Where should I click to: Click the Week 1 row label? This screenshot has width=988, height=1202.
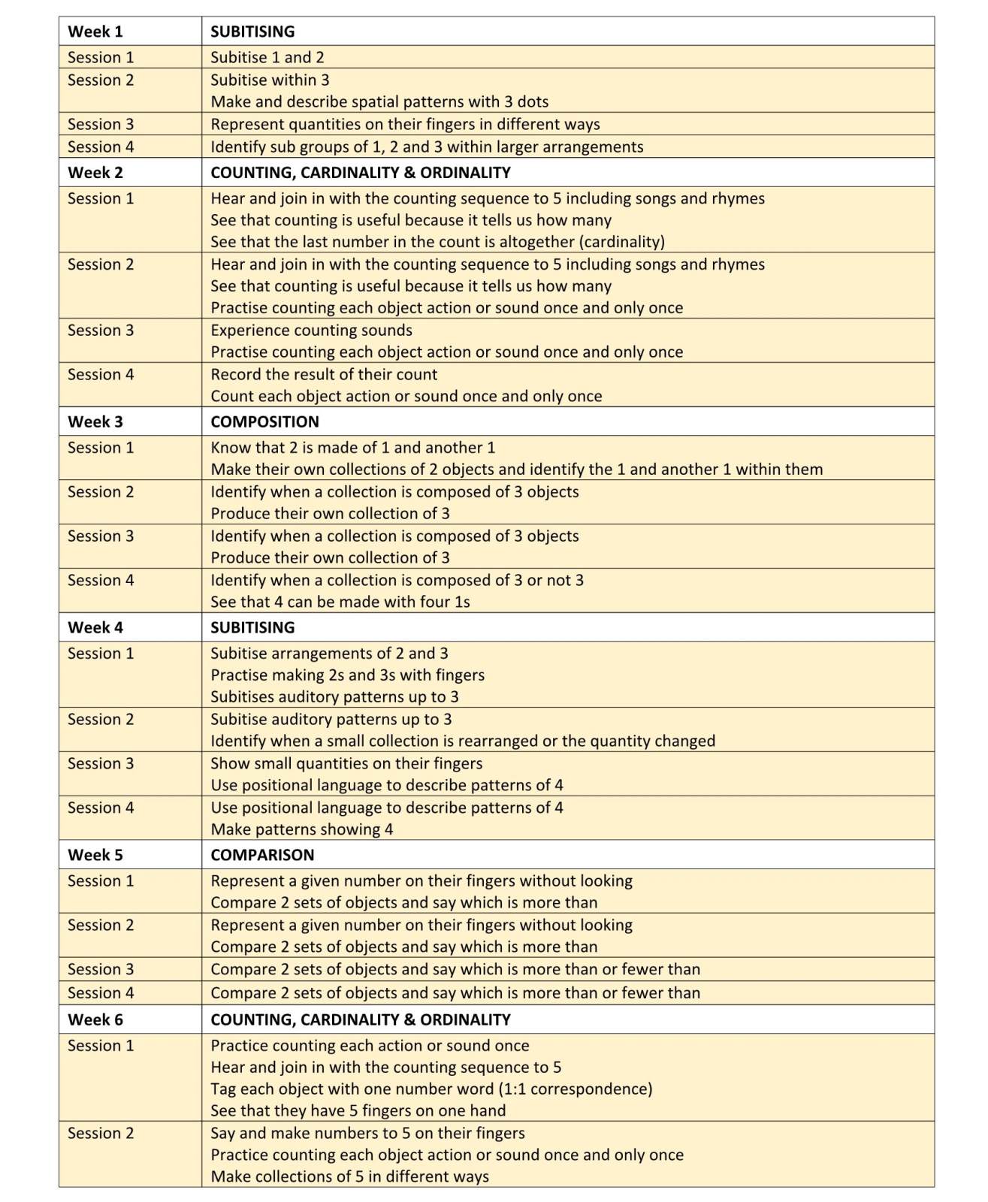coord(95,32)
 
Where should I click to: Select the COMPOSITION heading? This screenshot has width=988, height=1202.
coord(264,421)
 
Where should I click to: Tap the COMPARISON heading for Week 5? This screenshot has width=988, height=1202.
coord(262,855)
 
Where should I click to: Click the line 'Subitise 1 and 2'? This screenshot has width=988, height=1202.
coord(267,57)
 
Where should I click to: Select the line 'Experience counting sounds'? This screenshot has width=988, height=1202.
coord(311,330)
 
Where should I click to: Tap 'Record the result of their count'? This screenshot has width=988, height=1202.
coord(324,374)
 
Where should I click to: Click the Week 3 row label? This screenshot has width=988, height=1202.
coord(95,421)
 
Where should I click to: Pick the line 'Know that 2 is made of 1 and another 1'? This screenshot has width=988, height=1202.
coord(352,448)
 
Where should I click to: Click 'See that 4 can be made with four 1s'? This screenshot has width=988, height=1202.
coord(340,602)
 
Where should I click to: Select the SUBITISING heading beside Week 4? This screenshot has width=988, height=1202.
coord(252,627)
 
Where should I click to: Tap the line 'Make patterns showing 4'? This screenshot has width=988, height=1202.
coord(301,829)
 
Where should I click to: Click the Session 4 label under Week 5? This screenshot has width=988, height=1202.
coord(101,992)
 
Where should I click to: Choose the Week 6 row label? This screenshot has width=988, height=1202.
coord(95,1019)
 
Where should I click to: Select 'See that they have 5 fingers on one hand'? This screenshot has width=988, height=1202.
coord(358,1110)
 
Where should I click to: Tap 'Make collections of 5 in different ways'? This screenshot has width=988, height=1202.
coord(349,1176)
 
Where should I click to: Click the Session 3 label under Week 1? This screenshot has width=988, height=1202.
coord(101,124)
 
